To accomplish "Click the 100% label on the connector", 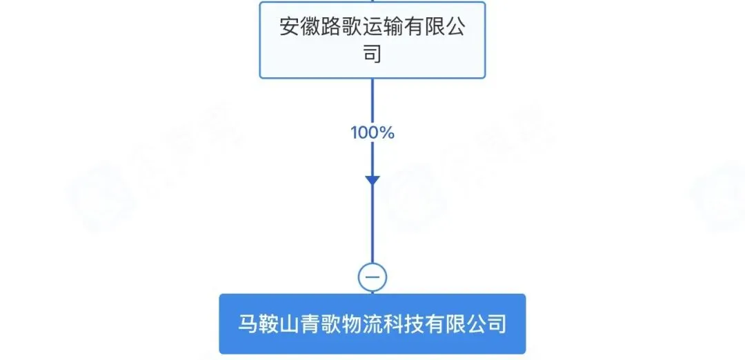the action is (x=372, y=133).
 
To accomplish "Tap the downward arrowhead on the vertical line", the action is (x=372, y=181).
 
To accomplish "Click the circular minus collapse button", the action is (x=372, y=277).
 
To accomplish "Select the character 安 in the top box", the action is (x=290, y=28).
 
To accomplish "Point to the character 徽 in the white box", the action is (x=313, y=28).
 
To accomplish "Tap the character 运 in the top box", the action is (x=384, y=28).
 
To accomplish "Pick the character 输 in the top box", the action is (x=407, y=28).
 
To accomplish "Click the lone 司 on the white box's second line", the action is (x=372, y=53).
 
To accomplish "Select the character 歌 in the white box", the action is (x=360, y=28).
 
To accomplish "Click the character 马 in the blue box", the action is (x=248, y=323).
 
